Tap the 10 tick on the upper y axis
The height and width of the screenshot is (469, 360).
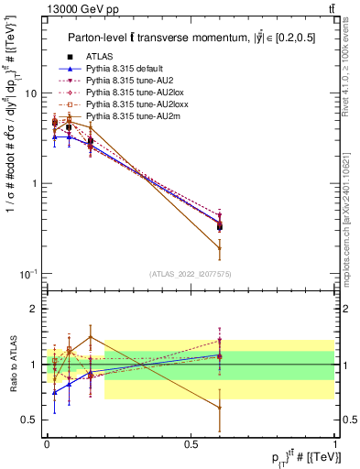34,93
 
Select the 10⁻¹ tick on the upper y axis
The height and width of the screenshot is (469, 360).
31,274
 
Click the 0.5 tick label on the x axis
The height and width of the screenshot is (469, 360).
191,442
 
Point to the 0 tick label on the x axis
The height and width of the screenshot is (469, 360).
47,442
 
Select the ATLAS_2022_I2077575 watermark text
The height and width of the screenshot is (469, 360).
191,273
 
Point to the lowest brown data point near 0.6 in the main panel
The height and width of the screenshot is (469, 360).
220,247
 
